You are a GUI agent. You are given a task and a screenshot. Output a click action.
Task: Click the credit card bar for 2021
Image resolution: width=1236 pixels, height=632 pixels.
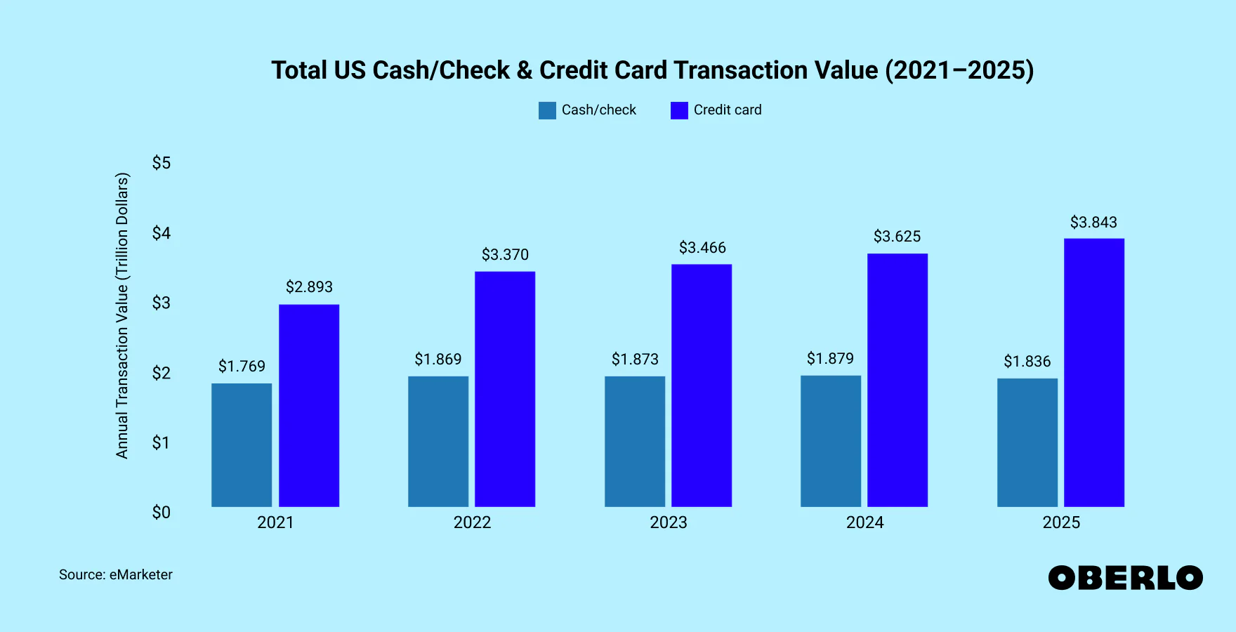(x=309, y=405)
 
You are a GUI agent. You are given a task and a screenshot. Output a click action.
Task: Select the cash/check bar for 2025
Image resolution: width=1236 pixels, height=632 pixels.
(x=1027, y=442)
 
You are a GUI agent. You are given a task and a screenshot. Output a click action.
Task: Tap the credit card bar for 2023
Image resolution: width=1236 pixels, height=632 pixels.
(x=702, y=385)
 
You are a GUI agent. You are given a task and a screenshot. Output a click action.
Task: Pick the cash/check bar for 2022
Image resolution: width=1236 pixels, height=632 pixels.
(x=438, y=441)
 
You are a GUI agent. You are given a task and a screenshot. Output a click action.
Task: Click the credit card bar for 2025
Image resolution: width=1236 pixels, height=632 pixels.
(x=1093, y=372)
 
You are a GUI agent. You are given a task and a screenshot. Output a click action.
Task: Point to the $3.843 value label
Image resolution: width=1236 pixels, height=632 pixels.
(x=1093, y=223)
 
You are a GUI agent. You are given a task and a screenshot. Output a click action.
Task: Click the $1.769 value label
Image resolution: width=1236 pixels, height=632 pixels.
(x=242, y=366)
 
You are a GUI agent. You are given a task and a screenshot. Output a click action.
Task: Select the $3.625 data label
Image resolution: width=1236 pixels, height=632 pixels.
(x=897, y=237)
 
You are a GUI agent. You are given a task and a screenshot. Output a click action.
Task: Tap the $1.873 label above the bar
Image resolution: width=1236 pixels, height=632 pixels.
(x=635, y=360)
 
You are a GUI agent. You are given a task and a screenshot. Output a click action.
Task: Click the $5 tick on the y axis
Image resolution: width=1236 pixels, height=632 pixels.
(x=162, y=163)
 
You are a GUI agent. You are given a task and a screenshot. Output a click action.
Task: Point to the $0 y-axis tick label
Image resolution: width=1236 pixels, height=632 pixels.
(x=162, y=513)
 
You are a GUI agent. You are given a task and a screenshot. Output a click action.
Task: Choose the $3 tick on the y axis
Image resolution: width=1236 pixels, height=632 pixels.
(x=162, y=303)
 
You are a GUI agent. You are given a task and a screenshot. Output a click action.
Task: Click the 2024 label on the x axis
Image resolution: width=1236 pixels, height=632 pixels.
(x=864, y=522)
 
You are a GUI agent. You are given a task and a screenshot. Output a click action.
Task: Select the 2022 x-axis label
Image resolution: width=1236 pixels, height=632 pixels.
(x=472, y=522)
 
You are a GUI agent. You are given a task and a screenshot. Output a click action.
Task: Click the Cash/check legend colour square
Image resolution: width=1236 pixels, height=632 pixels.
(x=547, y=110)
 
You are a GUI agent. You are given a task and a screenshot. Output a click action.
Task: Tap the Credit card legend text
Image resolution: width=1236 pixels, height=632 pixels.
(x=727, y=110)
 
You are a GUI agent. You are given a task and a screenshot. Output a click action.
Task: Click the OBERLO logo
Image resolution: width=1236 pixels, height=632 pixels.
(x=1125, y=578)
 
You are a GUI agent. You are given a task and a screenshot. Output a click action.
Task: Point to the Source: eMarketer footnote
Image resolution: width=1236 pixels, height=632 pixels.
(x=116, y=574)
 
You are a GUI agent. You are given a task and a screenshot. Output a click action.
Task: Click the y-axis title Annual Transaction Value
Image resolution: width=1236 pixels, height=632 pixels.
(x=122, y=315)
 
